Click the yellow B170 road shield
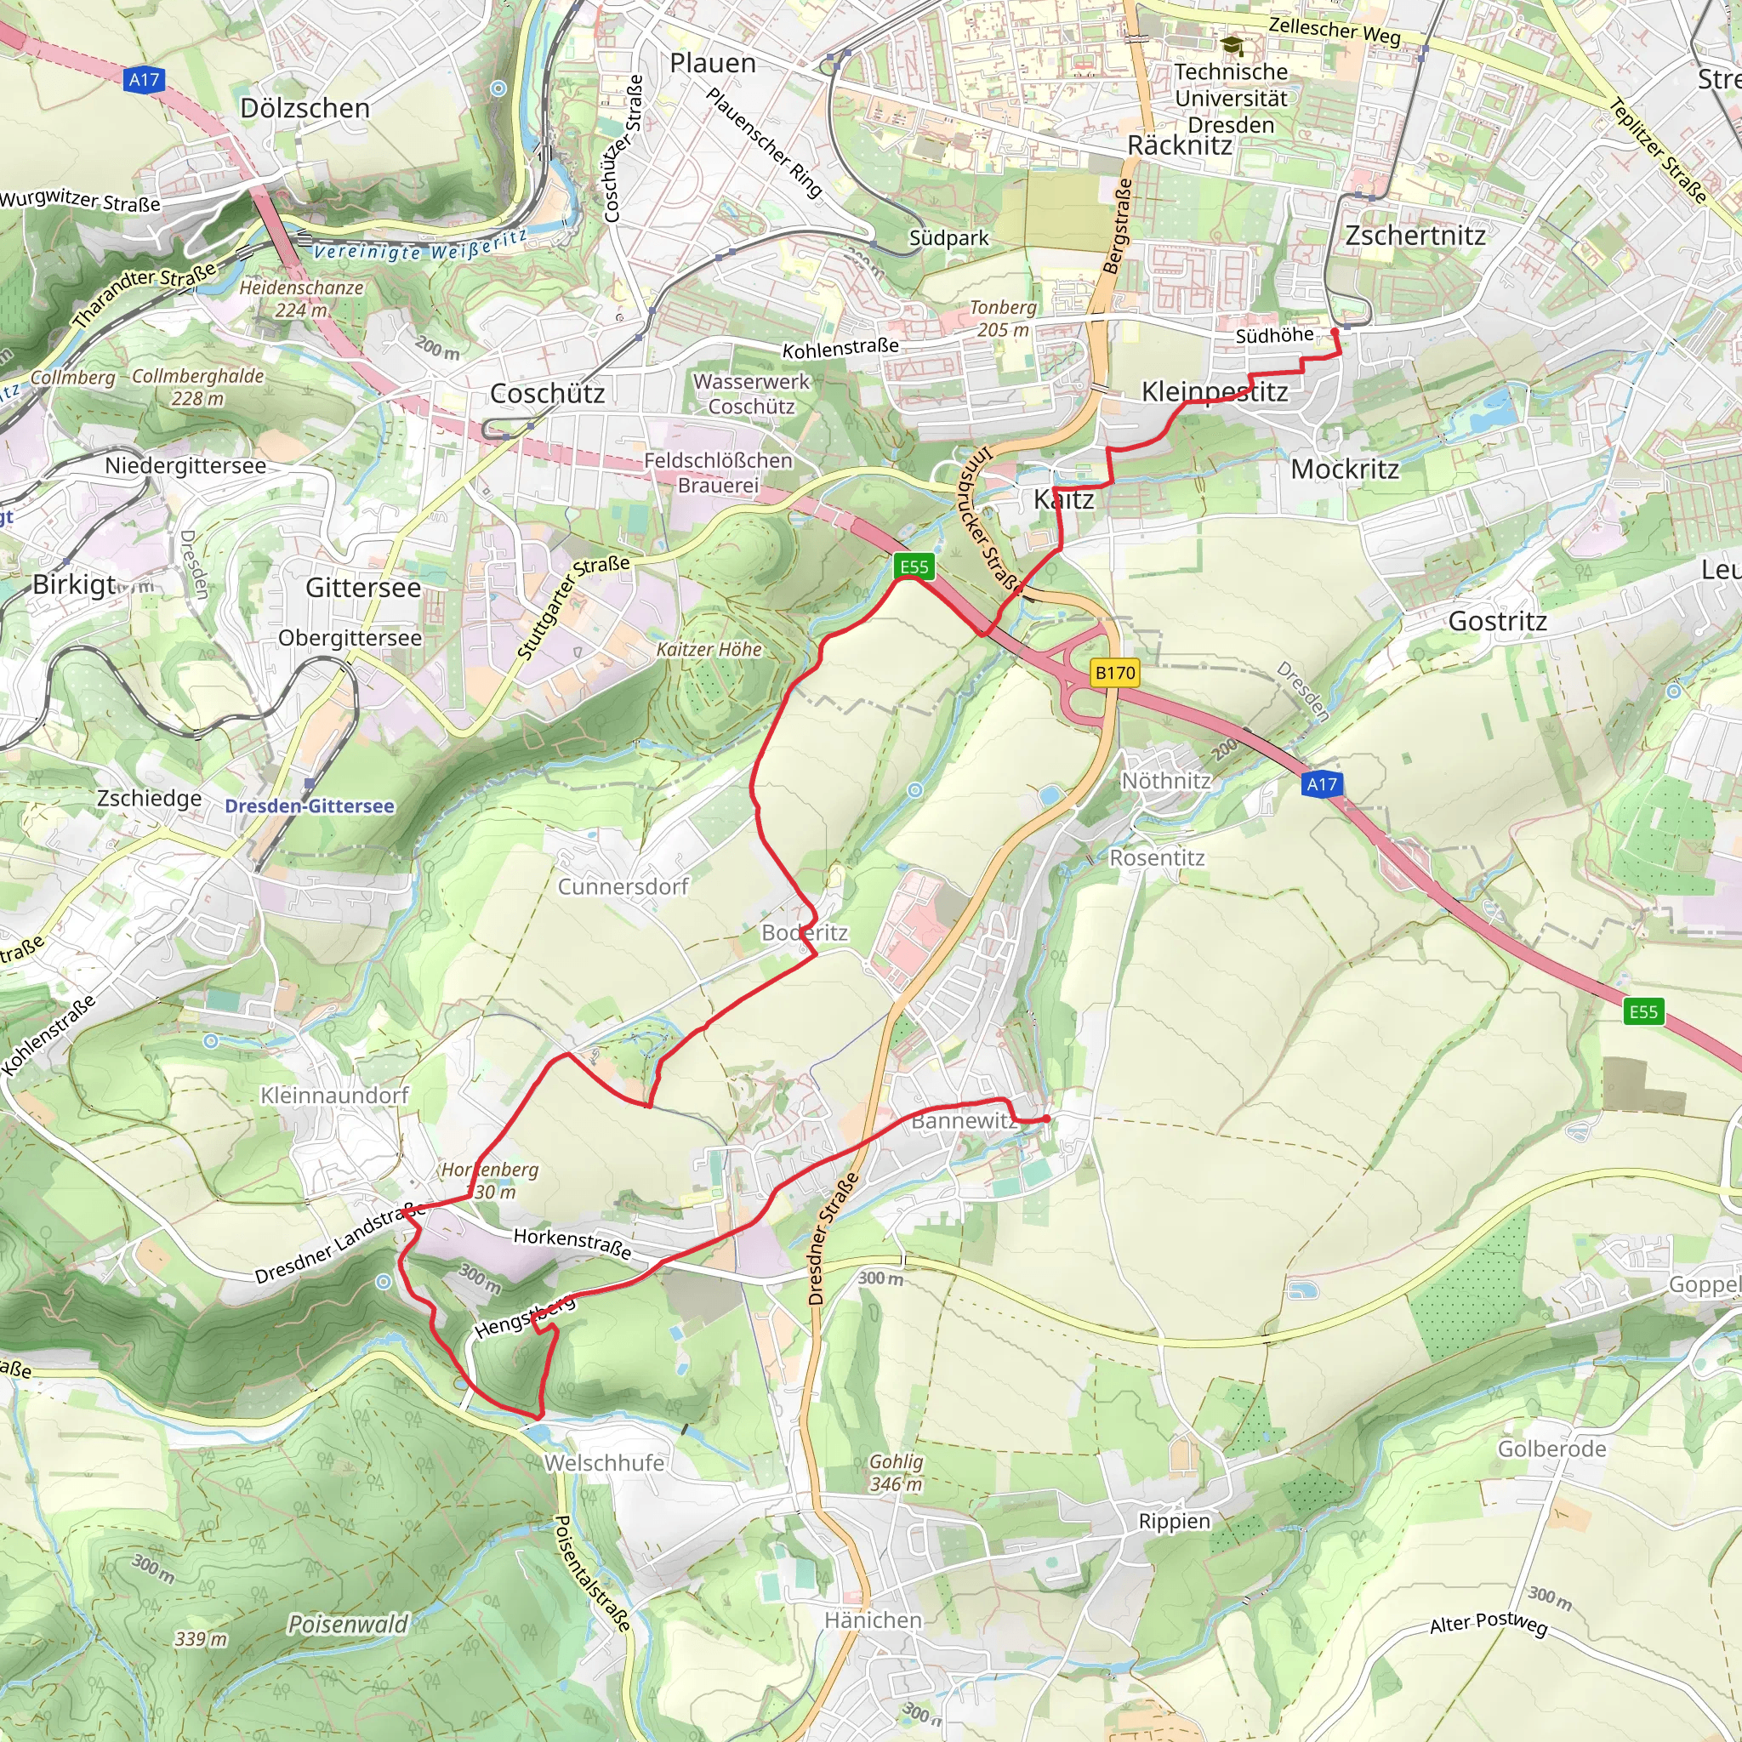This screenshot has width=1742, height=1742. coord(1114,673)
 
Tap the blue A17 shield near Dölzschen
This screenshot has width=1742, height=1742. coord(145,79)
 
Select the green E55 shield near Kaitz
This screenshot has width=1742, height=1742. coord(914,566)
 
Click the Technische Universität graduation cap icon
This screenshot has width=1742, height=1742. coord(1232,45)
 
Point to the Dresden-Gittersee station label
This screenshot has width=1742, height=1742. coord(310,806)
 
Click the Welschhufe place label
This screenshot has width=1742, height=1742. coord(604,1462)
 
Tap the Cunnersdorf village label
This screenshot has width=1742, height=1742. coord(622,886)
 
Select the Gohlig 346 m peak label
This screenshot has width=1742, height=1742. coord(897,1472)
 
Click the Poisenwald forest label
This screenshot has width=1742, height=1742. coord(348,1624)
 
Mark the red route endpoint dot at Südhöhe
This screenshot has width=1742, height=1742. coord(1335,332)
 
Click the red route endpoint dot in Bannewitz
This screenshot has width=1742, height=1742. coord(1047,1119)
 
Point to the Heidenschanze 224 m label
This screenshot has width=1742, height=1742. coord(301,299)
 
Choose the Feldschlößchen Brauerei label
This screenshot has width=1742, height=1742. coord(718,472)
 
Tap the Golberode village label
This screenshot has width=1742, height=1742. coord(1551,1449)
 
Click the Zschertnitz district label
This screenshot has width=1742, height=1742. coord(1415,236)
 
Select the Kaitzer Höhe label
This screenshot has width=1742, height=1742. coord(709,649)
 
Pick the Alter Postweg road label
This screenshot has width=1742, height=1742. coord(1488,1623)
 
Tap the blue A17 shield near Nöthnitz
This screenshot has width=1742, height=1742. coord(1322,783)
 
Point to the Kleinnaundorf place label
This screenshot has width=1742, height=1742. coord(334,1095)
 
